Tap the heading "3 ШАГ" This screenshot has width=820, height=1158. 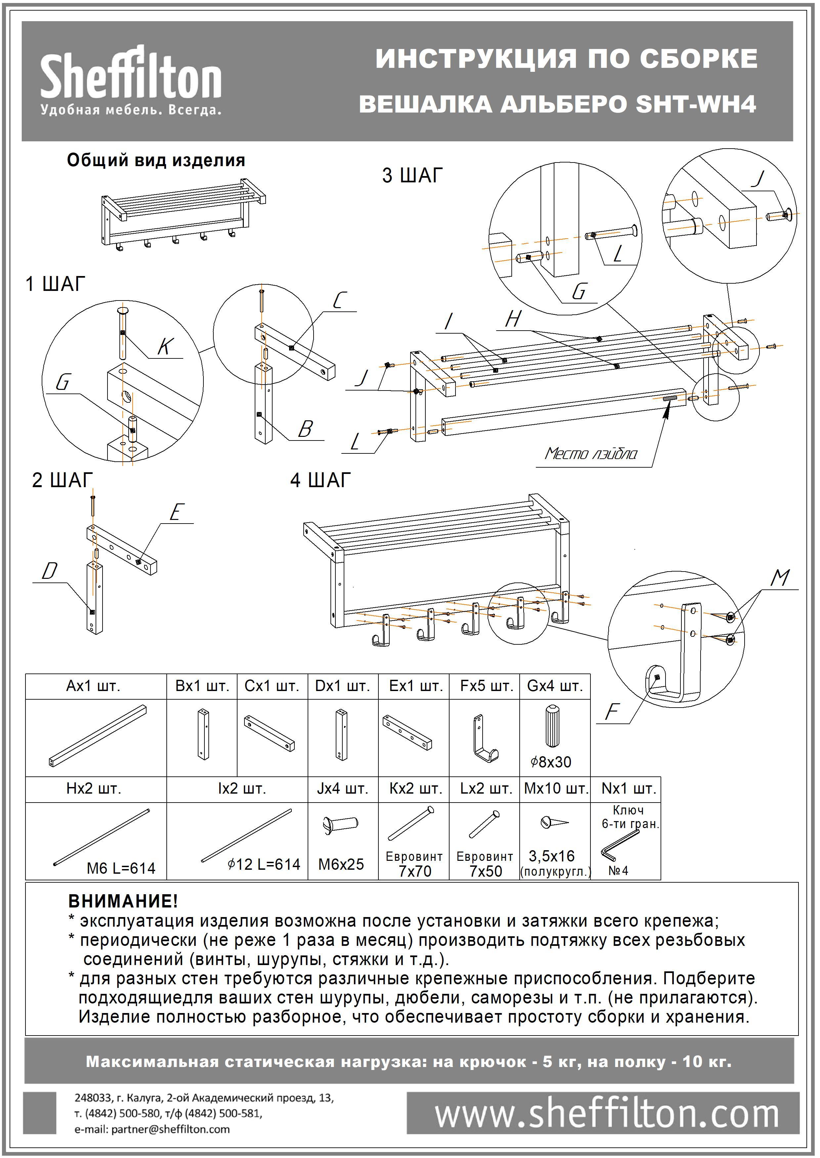tap(412, 175)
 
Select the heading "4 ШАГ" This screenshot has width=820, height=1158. tap(320, 480)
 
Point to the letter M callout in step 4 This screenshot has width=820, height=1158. tap(780, 578)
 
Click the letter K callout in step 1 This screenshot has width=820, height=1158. tap(166, 347)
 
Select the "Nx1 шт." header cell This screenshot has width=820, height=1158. tap(628, 788)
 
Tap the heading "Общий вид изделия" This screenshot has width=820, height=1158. tap(156, 161)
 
